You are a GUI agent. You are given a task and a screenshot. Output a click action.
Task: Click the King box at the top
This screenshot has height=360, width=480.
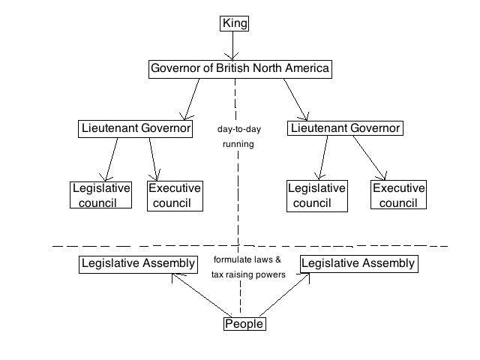235,23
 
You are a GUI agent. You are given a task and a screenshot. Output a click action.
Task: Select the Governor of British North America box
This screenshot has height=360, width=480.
240,69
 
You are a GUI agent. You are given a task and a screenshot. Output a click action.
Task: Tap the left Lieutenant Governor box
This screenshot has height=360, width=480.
135,129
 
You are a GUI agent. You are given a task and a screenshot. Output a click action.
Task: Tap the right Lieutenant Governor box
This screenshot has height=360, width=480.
345,129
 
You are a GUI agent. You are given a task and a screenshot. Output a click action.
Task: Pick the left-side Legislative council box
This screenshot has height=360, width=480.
101,195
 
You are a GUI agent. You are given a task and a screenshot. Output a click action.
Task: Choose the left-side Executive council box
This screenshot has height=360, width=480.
174,195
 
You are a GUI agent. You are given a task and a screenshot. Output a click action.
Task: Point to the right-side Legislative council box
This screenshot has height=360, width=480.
316,195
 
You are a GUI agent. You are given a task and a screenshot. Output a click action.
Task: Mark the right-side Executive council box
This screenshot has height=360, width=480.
398,195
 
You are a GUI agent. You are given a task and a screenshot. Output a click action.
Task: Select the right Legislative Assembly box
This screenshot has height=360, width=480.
357,264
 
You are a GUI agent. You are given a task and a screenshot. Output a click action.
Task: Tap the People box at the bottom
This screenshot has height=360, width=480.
244,324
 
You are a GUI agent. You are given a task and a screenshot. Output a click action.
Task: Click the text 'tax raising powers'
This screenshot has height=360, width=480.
247,274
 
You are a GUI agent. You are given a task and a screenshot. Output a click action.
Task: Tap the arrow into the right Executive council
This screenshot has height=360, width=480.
369,159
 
